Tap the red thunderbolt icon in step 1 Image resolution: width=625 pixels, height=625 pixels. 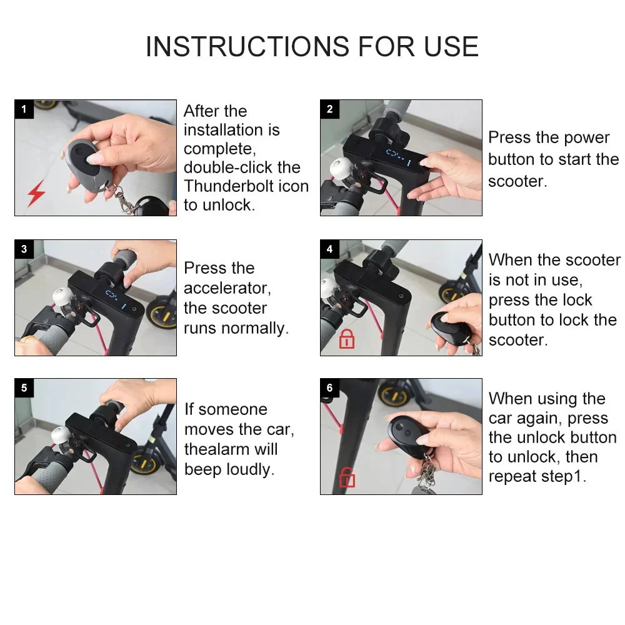coord(36,194)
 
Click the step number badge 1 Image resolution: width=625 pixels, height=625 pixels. coord(24,109)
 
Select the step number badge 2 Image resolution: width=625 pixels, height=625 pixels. coord(329,109)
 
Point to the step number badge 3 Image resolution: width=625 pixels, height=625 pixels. coord(24,249)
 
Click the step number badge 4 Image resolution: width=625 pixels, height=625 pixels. coord(329,249)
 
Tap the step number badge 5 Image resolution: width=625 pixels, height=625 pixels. coord(24,388)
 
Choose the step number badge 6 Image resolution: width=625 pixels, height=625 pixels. coord(329,388)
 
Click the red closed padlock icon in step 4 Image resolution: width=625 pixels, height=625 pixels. coord(346,339)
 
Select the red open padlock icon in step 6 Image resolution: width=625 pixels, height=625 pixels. coord(346,478)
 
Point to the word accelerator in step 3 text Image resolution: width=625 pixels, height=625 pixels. coord(226,288)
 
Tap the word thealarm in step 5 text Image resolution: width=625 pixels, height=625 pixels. coord(222,449)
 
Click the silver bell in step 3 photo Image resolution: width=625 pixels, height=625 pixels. coord(61,296)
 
